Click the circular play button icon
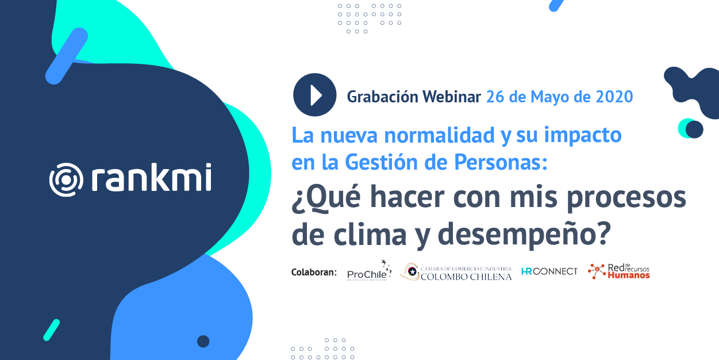(314, 95)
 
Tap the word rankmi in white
(151, 178)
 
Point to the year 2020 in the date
(614, 97)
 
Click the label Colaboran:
(314, 272)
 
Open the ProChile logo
(369, 271)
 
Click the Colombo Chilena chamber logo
(456, 272)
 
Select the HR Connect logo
(549, 271)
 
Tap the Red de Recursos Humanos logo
(619, 271)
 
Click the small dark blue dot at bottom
(203, 342)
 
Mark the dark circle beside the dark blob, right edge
(694, 129)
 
